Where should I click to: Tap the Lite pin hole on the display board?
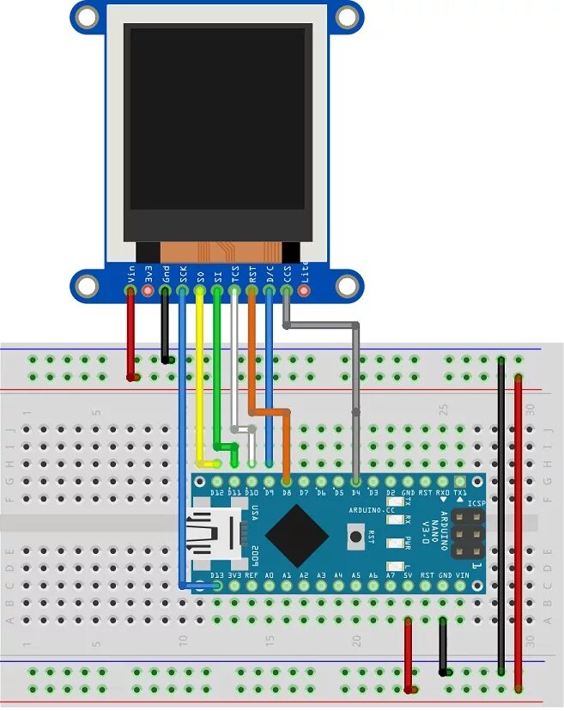303,292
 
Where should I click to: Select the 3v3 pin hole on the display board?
149,292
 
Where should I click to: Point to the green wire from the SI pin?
217,369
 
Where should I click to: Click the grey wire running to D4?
355,386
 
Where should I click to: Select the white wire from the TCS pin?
234,361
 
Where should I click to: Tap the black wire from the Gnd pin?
166,326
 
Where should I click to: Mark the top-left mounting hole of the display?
86,15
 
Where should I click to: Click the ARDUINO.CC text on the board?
372,510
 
